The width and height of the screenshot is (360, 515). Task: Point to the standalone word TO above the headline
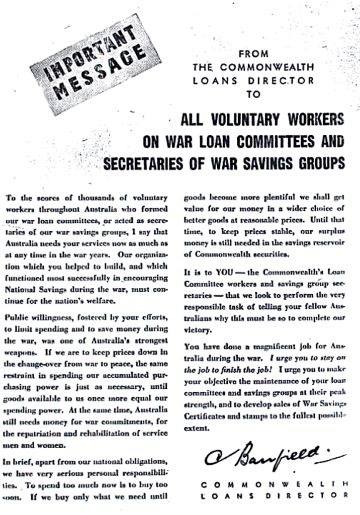pyautogui.click(x=254, y=93)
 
